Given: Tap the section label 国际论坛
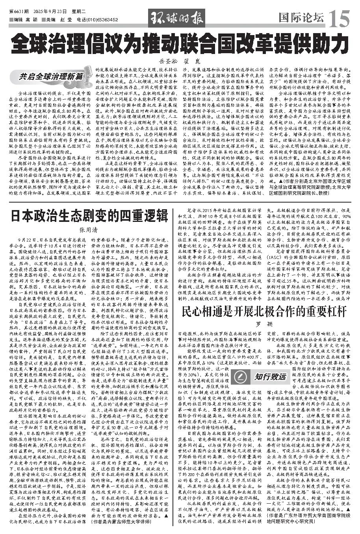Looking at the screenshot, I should point(301,17).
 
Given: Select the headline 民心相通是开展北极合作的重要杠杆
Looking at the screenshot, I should point(264,311).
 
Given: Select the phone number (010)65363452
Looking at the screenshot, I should point(102,19).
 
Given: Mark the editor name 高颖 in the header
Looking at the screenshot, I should point(32,19).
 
